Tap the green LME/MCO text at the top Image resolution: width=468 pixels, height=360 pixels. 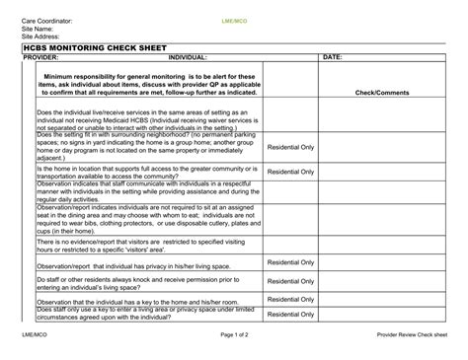pos(234,21)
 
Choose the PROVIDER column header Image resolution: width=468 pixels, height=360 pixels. pos(40,57)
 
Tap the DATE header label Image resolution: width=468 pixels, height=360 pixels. pos(333,57)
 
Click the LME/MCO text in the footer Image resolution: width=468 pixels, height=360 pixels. pos(36,334)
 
